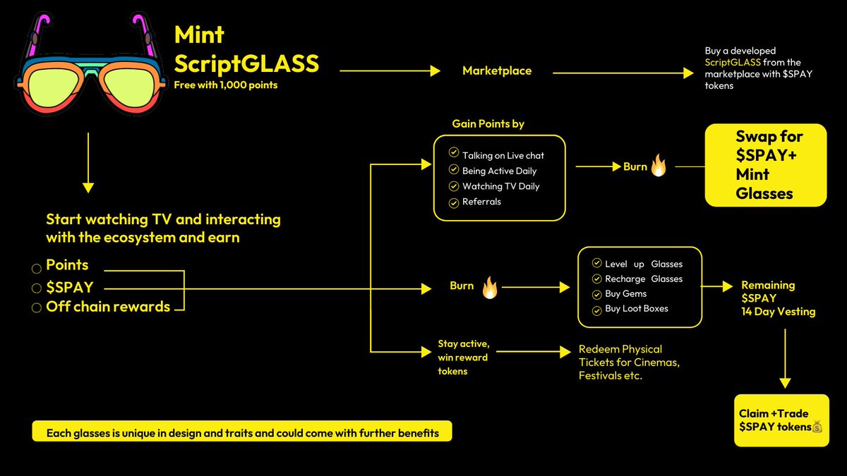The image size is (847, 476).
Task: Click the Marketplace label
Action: (496, 71)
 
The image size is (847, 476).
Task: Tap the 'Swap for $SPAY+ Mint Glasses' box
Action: (765, 165)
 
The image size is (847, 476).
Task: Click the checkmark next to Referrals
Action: (454, 202)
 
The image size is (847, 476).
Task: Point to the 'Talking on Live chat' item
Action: (503, 155)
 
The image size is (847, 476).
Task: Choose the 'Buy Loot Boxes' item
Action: (636, 309)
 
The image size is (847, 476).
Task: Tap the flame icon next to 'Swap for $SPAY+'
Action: (658, 166)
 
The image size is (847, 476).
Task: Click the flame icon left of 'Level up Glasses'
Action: (489, 287)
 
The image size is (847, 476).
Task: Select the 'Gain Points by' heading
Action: (488, 124)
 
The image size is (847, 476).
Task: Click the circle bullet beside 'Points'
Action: (36, 269)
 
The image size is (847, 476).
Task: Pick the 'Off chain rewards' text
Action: (108, 307)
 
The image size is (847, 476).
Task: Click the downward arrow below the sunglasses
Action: (88, 162)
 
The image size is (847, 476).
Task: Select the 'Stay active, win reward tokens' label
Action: (463, 358)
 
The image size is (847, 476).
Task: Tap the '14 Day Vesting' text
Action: (778, 312)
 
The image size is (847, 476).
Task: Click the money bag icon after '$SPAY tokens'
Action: (817, 427)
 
